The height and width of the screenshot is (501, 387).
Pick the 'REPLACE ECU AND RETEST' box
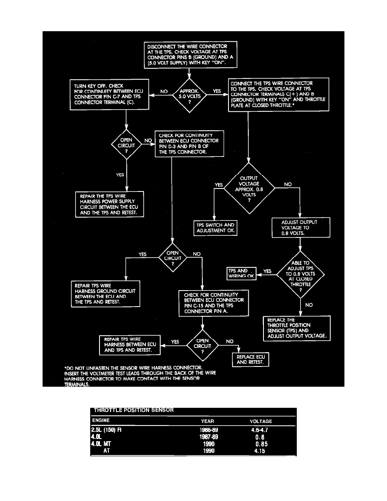coord(250,359)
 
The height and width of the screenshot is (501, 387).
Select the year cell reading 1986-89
coord(207,430)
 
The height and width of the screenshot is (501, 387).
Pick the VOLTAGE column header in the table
coord(261,421)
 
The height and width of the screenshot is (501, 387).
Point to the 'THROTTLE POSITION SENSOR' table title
coord(133,409)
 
